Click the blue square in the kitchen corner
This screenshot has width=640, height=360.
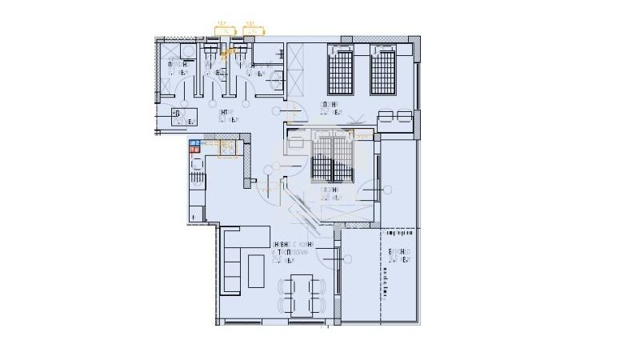click(193, 143)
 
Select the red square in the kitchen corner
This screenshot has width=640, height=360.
click(193, 150)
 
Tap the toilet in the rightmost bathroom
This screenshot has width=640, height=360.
click(276, 78)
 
